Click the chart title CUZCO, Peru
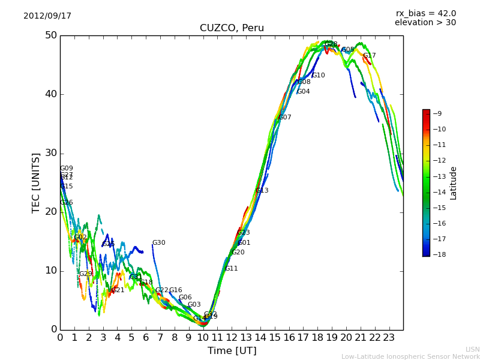(x=232, y=28)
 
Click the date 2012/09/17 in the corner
(x=47, y=16)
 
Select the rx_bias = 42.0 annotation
(x=425, y=13)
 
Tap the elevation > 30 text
(x=425, y=23)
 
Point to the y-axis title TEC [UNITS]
(x=36, y=182)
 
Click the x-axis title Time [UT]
(x=232, y=350)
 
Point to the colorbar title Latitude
(x=454, y=183)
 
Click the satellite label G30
(x=158, y=243)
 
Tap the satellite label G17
(x=369, y=56)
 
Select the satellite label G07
(x=284, y=118)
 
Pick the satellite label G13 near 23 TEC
(x=262, y=191)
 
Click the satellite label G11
(x=231, y=269)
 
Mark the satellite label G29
(x=86, y=274)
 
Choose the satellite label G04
(x=303, y=92)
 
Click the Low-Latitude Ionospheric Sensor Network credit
(x=410, y=356)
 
